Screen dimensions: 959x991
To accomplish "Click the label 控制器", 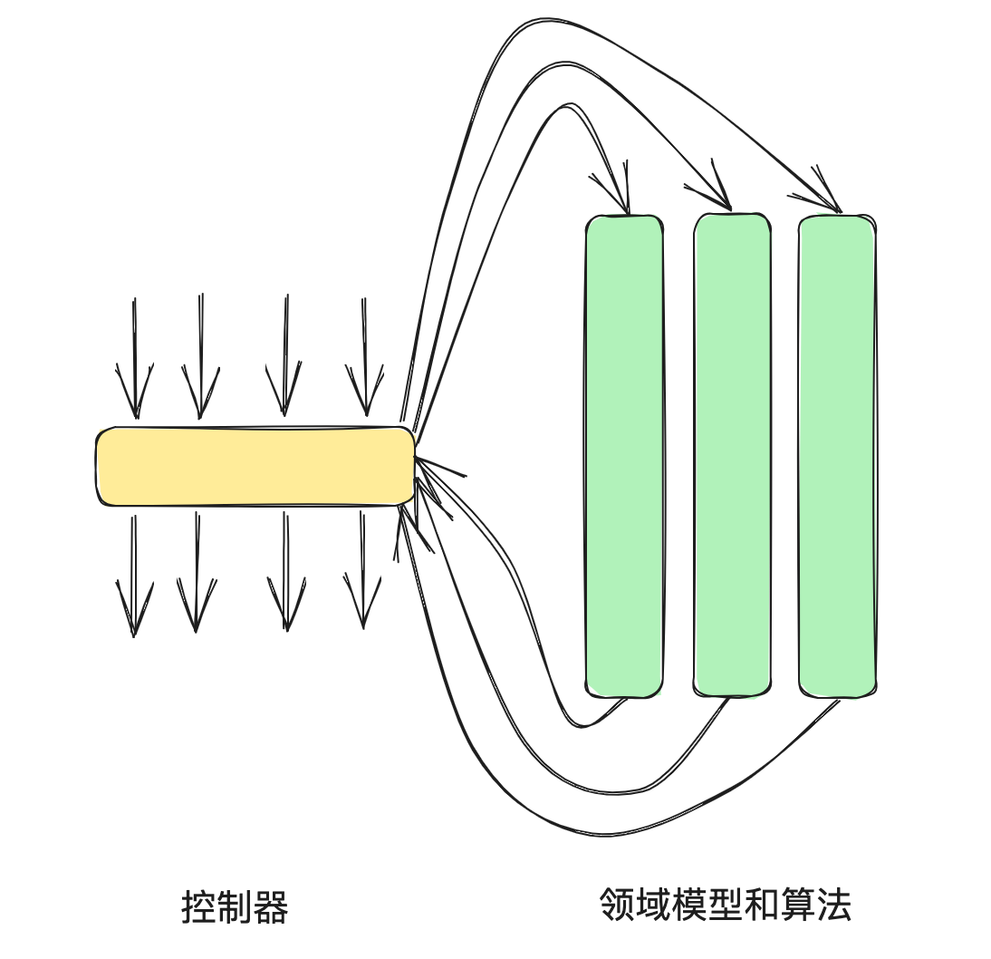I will tap(235, 907).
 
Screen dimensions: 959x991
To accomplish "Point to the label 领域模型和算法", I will tap(725, 905).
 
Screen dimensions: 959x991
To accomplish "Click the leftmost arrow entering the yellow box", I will tap(135, 363).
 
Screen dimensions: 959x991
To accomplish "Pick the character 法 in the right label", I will tap(834, 905).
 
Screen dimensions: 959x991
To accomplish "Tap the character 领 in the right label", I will tap(617, 905).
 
